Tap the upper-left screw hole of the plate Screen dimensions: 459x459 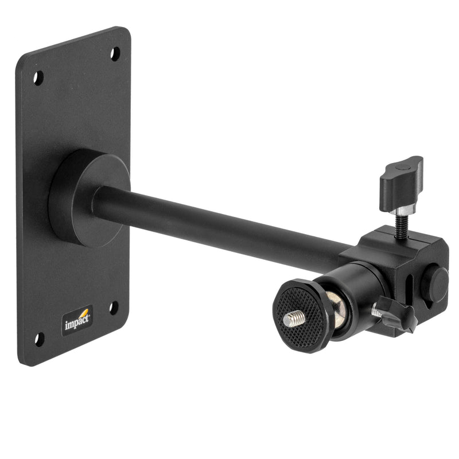[x=38, y=77]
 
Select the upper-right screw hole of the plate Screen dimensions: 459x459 [x=115, y=54]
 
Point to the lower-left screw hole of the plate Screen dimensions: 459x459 [x=38, y=339]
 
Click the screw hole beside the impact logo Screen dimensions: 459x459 [x=114, y=308]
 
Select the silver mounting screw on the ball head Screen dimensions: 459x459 [x=294, y=318]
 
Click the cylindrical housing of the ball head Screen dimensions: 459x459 [x=361, y=290]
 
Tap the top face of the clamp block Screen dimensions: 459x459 [x=396, y=241]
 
